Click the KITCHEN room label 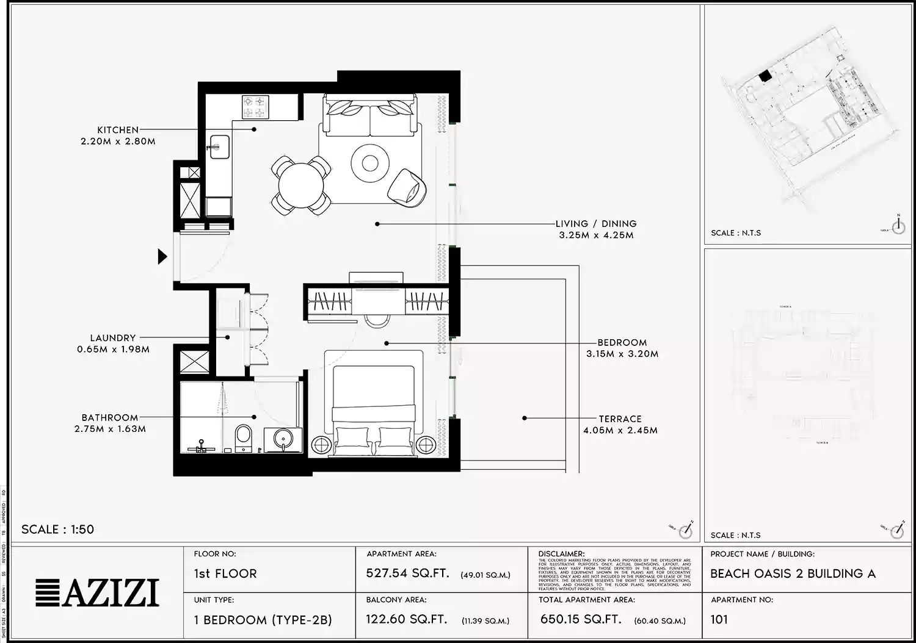[x=118, y=130]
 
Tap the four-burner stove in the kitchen [x=256, y=107]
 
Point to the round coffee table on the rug [x=369, y=163]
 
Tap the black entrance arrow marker [x=162, y=256]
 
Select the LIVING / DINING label [x=595, y=224]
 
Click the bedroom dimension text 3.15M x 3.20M [x=622, y=354]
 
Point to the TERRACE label [x=620, y=419]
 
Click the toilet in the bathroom [x=244, y=438]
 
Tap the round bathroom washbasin [x=283, y=439]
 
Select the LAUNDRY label [x=113, y=338]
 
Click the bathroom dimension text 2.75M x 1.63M [x=110, y=429]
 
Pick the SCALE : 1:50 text [x=58, y=530]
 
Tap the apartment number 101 [x=719, y=620]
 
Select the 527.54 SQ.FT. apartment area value [x=407, y=573]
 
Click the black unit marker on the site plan [x=764, y=76]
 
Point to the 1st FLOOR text [x=225, y=573]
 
